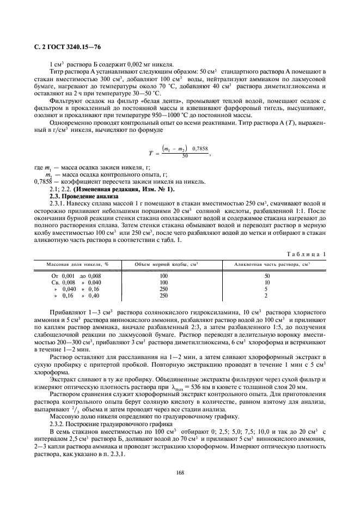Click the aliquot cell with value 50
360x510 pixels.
[x=266, y=276]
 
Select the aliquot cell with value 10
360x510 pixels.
[x=266, y=282]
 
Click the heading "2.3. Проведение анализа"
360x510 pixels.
[x=80, y=196]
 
